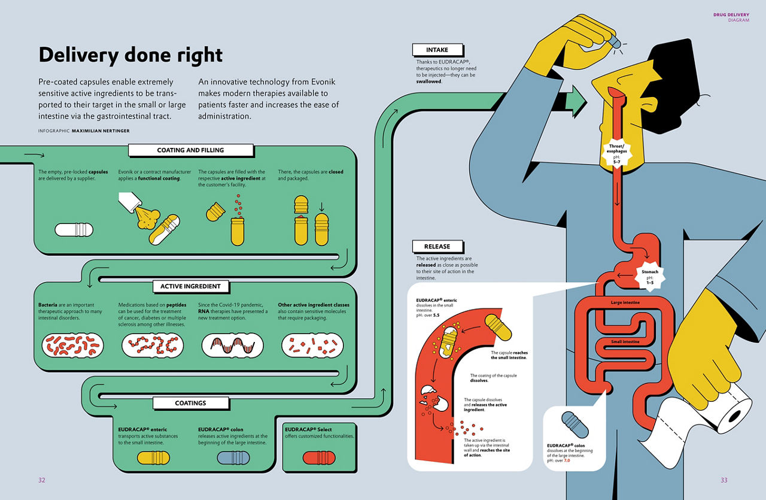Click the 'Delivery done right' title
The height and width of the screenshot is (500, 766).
130,55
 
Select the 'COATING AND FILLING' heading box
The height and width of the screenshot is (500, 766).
187,150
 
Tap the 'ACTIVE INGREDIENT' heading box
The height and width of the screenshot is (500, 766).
190,286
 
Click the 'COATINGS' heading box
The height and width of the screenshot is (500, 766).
190,403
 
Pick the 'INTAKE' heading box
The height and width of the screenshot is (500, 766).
437,50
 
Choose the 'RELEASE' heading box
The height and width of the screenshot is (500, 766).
437,246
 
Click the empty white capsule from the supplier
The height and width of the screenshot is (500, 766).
74,230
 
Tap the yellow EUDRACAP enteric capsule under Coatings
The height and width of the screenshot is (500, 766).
154,458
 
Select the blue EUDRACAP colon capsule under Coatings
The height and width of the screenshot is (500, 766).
233,458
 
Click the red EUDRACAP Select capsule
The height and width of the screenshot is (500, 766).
319,458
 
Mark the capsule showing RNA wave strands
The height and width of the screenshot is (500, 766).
232,346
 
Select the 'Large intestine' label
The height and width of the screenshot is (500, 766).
625,303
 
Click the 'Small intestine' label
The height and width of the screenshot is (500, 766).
625,342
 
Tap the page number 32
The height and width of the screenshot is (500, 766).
41,480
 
